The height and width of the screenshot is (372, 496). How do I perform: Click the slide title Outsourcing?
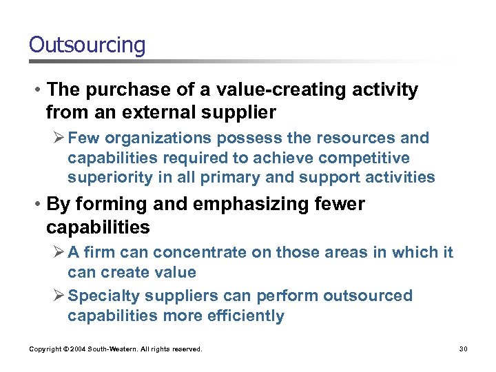coord(87,45)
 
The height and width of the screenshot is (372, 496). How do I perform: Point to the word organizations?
coord(149,138)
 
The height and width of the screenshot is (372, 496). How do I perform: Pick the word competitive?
coord(365,158)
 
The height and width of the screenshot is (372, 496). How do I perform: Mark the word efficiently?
coord(245,316)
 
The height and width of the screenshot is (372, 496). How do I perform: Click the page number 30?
coord(464,349)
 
